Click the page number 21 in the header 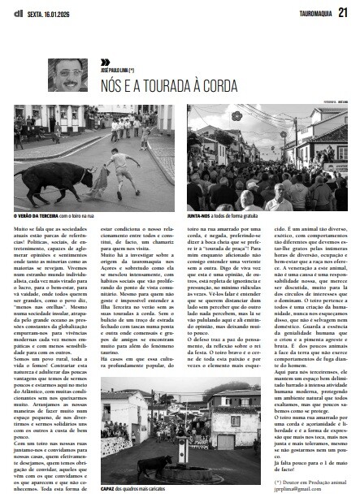pos(343,11)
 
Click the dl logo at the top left pos(18,11)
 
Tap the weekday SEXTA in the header pos(37,11)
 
